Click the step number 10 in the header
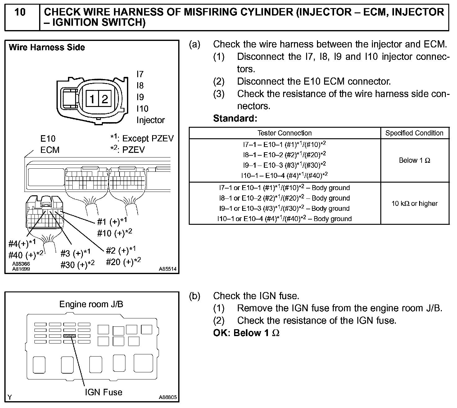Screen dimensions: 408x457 (x=20, y=12)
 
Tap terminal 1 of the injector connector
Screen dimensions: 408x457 (x=92, y=99)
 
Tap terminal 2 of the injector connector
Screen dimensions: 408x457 (x=105, y=99)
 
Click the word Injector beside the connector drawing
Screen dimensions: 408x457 (x=151, y=120)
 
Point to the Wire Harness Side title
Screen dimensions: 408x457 (x=47, y=47)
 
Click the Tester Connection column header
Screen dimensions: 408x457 (x=284, y=133)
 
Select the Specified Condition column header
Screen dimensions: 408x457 (x=414, y=133)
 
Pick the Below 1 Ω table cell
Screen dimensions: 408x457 (x=414, y=160)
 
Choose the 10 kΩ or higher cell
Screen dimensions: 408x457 (x=414, y=203)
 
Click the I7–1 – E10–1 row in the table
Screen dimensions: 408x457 (x=284, y=144)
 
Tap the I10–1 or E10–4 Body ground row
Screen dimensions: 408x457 (x=284, y=219)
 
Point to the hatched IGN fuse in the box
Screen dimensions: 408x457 (x=69, y=336)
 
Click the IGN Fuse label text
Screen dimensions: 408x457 (x=103, y=392)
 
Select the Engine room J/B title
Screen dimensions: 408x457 (x=91, y=304)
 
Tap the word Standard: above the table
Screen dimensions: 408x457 (x=235, y=118)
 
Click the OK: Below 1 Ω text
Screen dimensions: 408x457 (x=246, y=333)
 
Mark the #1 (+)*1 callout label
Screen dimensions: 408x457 (x=112, y=221)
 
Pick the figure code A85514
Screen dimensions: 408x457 (x=168, y=269)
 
